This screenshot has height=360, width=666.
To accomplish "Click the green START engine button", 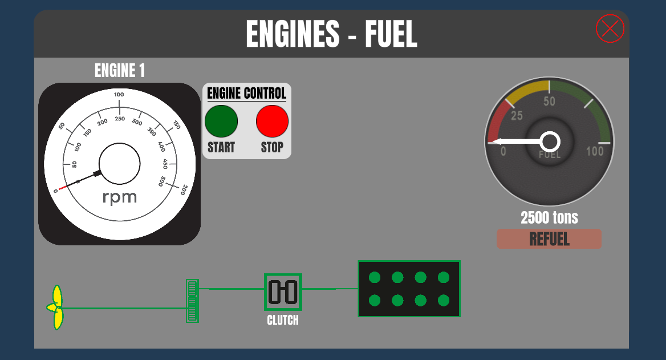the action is [x=221, y=121].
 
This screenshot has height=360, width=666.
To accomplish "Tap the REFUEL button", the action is [x=549, y=239].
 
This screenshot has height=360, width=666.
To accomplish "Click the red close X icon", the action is [x=610, y=29].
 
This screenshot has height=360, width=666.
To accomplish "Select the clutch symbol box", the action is [x=283, y=292].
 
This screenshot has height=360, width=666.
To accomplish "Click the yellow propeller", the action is [x=56, y=308].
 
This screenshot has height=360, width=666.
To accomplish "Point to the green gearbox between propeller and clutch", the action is [x=192, y=301].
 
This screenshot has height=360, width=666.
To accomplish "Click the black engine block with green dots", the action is [x=409, y=289].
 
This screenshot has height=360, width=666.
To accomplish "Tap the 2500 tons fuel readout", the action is [x=549, y=217].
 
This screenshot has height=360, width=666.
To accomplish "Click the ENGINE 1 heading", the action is [x=120, y=71].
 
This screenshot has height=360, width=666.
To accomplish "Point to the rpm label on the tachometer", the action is [x=120, y=197].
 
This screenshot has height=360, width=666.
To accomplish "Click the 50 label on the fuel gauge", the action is [x=549, y=102].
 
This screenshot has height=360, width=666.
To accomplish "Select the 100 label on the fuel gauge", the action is [x=595, y=151].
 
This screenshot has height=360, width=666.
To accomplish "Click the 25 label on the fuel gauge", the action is [x=517, y=116].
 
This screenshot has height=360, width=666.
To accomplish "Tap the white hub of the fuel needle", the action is [x=550, y=141].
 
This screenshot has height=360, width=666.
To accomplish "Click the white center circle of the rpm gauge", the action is [x=120, y=164].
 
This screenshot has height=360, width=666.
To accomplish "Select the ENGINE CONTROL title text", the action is [x=247, y=93].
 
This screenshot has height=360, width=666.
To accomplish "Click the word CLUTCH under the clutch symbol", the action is [x=283, y=320].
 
